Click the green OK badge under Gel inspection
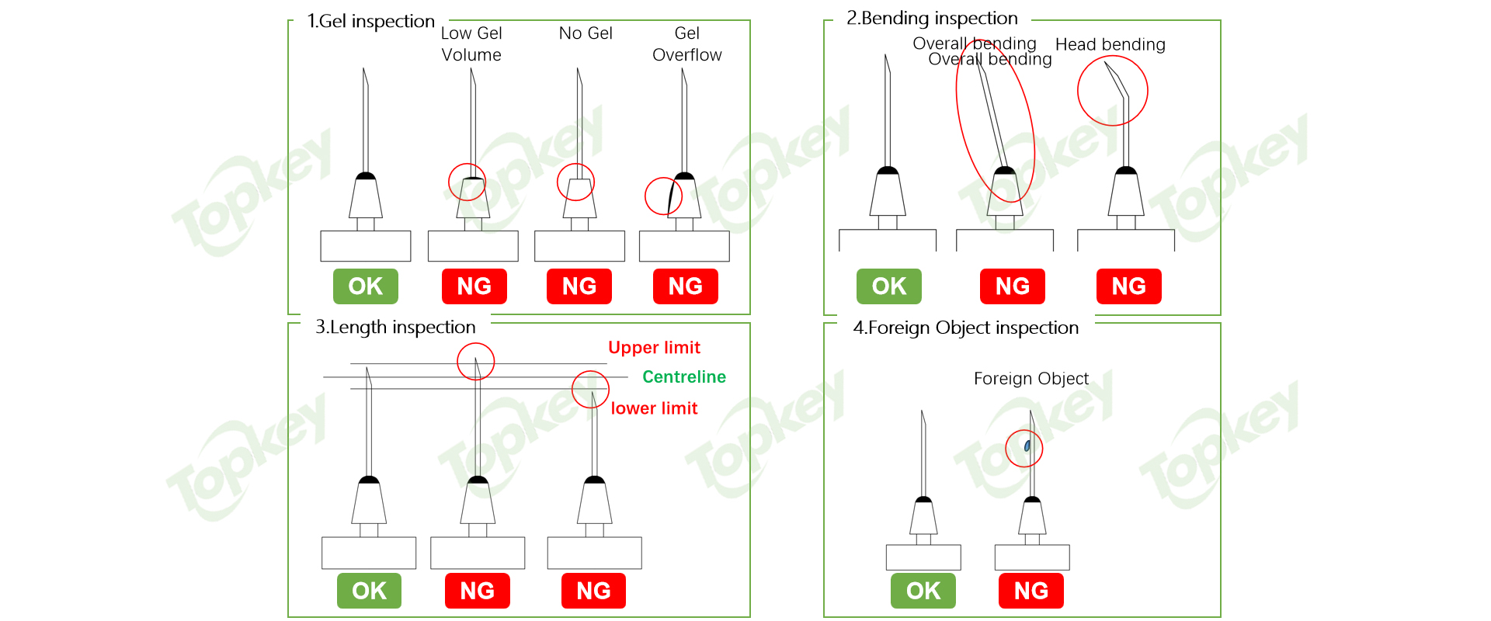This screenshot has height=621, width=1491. click(365, 286)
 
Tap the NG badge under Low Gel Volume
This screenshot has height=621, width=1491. click(474, 286)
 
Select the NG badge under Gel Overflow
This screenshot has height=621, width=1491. click(685, 286)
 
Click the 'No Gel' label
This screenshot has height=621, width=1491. click(586, 33)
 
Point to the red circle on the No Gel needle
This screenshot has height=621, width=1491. click(575, 182)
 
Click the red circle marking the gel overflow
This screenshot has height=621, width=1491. click(663, 196)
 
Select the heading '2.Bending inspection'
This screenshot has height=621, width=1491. click(932, 18)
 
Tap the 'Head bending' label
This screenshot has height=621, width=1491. click(1110, 44)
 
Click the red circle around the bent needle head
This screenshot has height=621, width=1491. click(1112, 91)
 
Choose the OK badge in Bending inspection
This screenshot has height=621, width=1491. click(888, 286)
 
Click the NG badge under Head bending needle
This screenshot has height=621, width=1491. click(1128, 286)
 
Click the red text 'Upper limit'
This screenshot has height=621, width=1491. click(654, 348)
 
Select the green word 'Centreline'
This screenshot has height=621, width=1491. click(683, 377)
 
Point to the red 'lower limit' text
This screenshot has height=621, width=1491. click(654, 408)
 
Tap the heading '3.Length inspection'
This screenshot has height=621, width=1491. click(395, 327)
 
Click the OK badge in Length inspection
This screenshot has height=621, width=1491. click(369, 591)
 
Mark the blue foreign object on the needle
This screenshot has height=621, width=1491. click(1027, 446)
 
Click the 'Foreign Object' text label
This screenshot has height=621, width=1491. click(1030, 379)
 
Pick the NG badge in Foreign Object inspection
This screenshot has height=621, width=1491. click(1030, 591)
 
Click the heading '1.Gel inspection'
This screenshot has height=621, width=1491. click(370, 21)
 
